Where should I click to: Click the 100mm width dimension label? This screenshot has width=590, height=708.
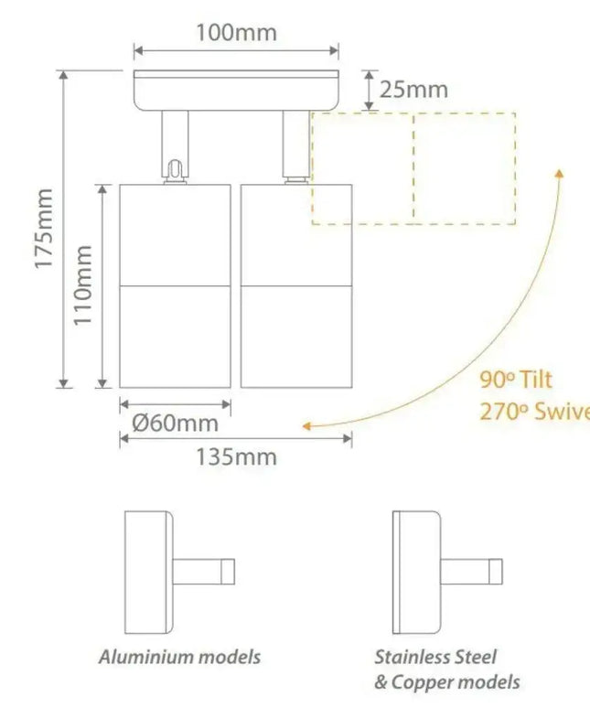[236, 33]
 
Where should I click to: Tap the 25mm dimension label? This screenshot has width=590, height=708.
[414, 89]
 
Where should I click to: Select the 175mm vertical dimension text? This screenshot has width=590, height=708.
[43, 229]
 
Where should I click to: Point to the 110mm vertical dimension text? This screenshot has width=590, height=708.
[82, 285]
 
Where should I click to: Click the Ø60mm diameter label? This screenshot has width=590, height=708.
[175, 423]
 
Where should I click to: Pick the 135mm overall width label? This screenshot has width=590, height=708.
[235, 456]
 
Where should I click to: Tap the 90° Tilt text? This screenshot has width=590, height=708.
[516, 380]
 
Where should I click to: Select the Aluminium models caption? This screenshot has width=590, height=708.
[180, 656]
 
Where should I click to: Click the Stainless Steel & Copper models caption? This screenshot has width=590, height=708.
[446, 669]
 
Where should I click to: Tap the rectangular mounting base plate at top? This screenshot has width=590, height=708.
[236, 90]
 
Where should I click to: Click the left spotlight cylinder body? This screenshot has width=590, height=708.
[175, 285]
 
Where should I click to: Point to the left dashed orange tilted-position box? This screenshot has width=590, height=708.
[362, 168]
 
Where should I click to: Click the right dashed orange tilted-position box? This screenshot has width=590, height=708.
[465, 168]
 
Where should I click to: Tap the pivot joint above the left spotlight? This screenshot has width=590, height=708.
[175, 169]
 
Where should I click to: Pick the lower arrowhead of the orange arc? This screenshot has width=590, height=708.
[308, 425]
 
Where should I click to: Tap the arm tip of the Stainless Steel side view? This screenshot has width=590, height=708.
[496, 572]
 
